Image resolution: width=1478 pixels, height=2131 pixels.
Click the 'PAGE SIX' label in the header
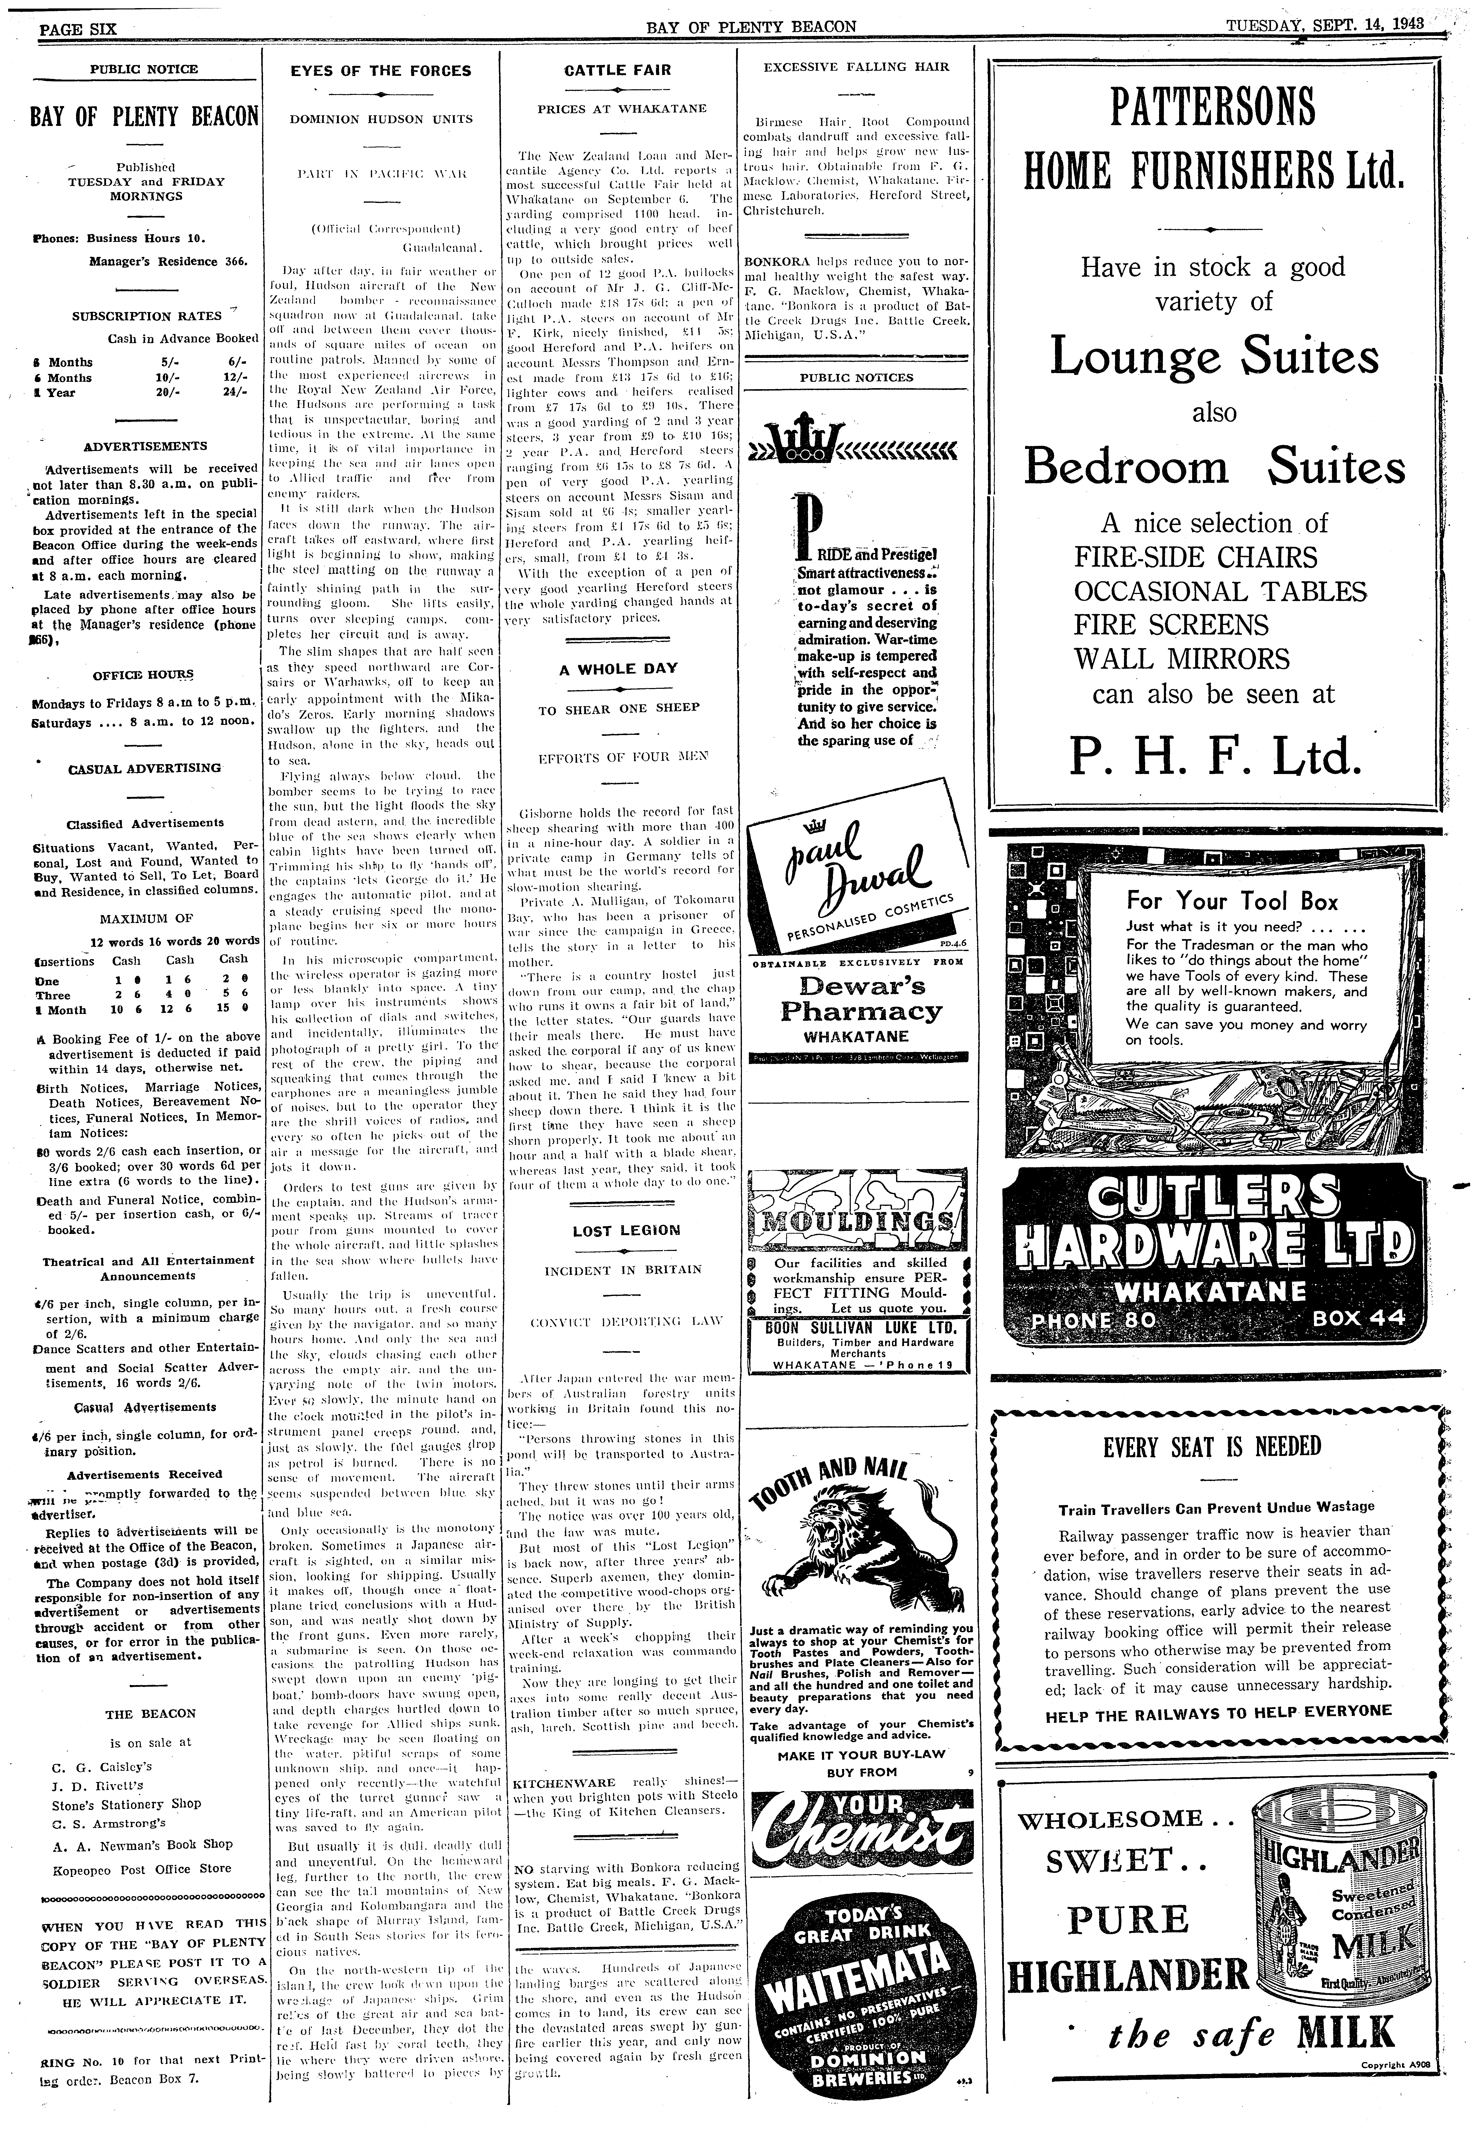[78, 28]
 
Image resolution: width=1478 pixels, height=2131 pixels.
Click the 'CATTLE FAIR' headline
[618, 69]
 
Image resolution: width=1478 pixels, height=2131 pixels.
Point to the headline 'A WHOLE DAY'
[618, 668]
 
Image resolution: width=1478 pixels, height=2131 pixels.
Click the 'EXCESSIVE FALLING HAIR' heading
[856, 67]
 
